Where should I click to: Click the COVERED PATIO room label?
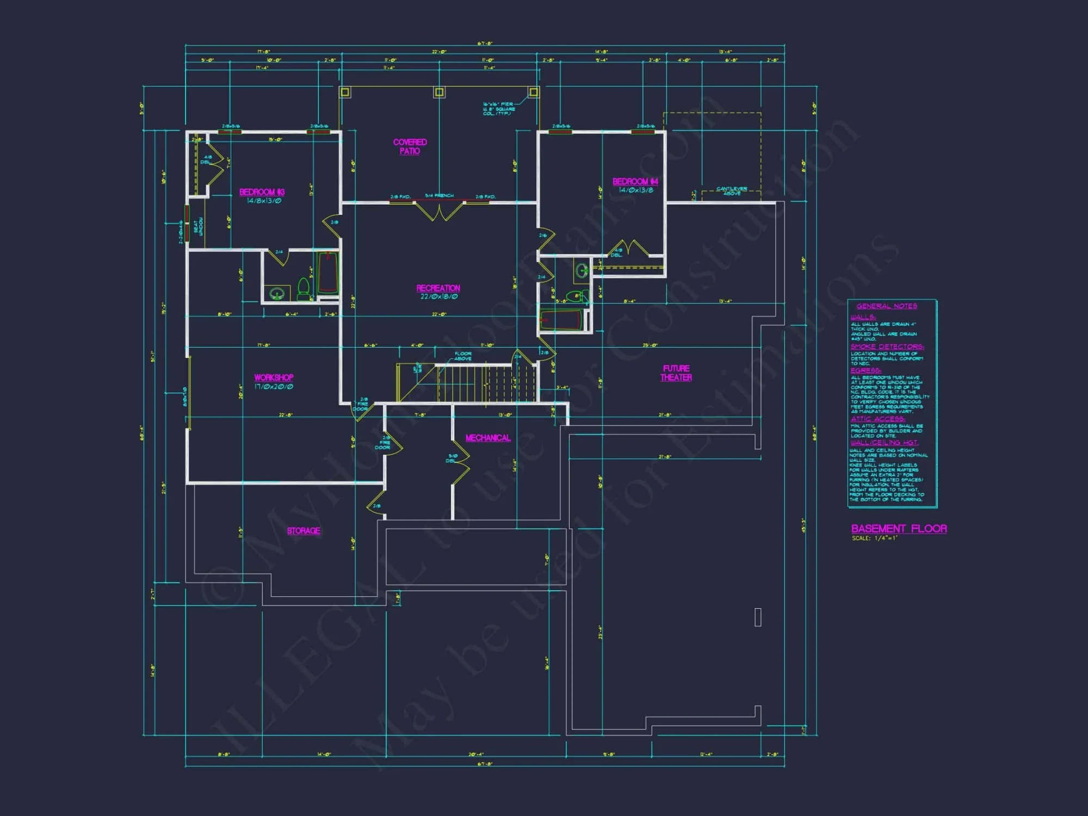tap(410, 146)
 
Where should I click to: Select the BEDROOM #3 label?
tap(262, 192)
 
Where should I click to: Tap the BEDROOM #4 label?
tap(635, 182)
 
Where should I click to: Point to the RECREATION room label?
tap(438, 288)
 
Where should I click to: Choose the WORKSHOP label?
tap(274, 378)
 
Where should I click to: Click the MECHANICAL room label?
tap(488, 438)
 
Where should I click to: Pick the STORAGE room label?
tap(304, 531)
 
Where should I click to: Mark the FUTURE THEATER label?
tap(676, 373)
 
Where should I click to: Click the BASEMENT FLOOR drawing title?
tap(899, 529)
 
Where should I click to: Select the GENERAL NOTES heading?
tap(887, 306)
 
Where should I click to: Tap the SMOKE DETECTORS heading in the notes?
tap(887, 347)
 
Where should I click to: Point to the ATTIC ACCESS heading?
tap(877, 419)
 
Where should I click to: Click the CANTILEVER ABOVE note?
tap(731, 190)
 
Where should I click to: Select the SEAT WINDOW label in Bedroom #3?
tap(198, 227)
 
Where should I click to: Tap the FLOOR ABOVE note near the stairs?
tap(463, 356)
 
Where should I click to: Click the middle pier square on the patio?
tap(439, 92)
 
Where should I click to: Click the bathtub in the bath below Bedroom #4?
tap(561, 320)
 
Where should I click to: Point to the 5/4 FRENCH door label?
tap(439, 196)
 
